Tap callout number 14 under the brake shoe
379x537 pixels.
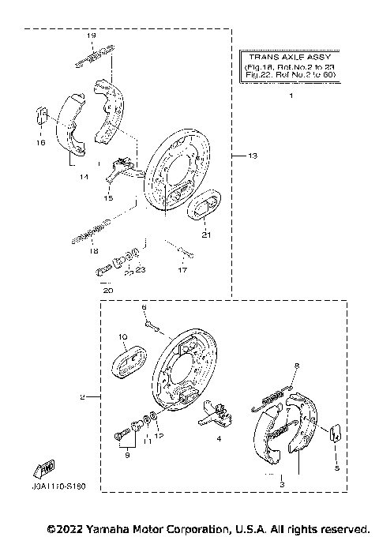(x=82, y=178)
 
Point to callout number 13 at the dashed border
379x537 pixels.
(x=253, y=156)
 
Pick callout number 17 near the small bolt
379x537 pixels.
(x=182, y=270)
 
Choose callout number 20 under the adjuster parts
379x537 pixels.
(x=109, y=291)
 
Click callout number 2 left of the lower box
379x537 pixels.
(x=82, y=397)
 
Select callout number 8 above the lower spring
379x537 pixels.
(x=297, y=366)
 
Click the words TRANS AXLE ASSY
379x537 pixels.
(x=291, y=58)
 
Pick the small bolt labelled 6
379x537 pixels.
(x=150, y=321)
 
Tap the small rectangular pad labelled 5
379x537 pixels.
(x=335, y=432)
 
